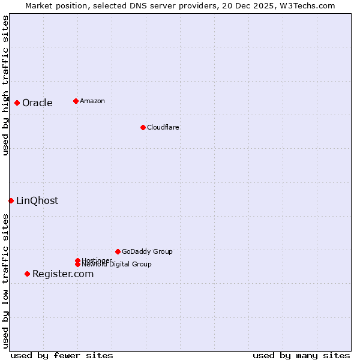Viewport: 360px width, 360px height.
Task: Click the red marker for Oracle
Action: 17,103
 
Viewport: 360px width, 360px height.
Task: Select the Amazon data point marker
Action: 76,101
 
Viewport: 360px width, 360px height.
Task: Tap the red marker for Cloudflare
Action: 143,127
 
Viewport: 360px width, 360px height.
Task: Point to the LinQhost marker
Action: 11,200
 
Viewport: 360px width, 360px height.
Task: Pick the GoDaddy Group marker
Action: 118,251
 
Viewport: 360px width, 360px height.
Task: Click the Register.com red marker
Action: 27,274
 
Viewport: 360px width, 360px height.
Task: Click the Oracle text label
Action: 37,103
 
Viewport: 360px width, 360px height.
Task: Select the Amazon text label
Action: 92,101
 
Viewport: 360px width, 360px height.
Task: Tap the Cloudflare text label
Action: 163,127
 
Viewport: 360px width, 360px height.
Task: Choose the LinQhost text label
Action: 37,200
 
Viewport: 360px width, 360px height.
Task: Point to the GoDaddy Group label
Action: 147,251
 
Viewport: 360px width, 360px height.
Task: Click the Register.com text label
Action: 63,274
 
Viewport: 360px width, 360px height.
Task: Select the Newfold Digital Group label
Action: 116,264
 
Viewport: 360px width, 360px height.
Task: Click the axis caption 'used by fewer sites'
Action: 62,355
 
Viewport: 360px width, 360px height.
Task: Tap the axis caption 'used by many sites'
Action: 301,355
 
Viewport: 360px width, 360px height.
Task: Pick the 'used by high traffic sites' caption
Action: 5,85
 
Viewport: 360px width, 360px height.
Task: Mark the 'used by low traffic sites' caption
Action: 5,281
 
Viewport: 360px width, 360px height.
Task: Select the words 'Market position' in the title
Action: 53,5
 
